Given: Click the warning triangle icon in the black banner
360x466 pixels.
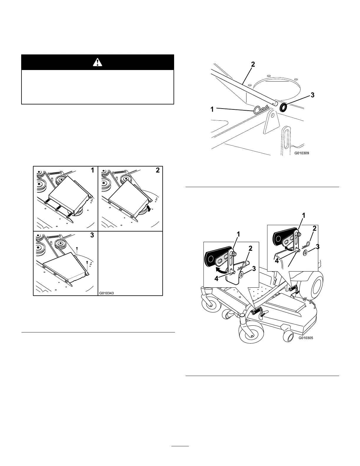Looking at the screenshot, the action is point(98,62).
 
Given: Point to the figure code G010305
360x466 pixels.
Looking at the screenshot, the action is point(306,338).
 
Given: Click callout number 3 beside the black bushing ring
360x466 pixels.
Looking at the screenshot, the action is point(312,95).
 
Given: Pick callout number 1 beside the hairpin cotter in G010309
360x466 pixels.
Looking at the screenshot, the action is point(212,109).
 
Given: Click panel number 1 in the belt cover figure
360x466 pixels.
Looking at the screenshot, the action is point(92,170).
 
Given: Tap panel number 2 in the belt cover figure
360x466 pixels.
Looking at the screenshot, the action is point(158,170).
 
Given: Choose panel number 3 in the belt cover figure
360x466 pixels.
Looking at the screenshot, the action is point(92,235).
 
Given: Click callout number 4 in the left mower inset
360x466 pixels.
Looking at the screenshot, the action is point(216,278).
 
